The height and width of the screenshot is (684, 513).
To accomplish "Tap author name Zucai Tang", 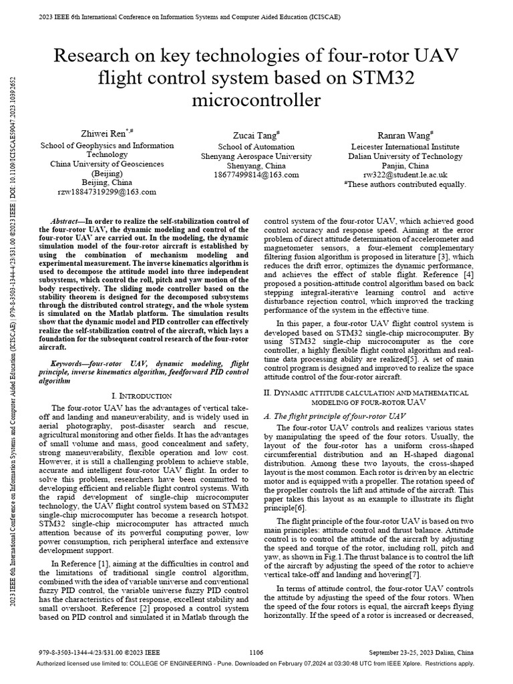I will click(x=256, y=134).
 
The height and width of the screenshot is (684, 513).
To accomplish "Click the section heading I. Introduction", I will click(x=144, y=395).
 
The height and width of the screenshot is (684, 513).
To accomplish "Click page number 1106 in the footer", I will click(x=256, y=652).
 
